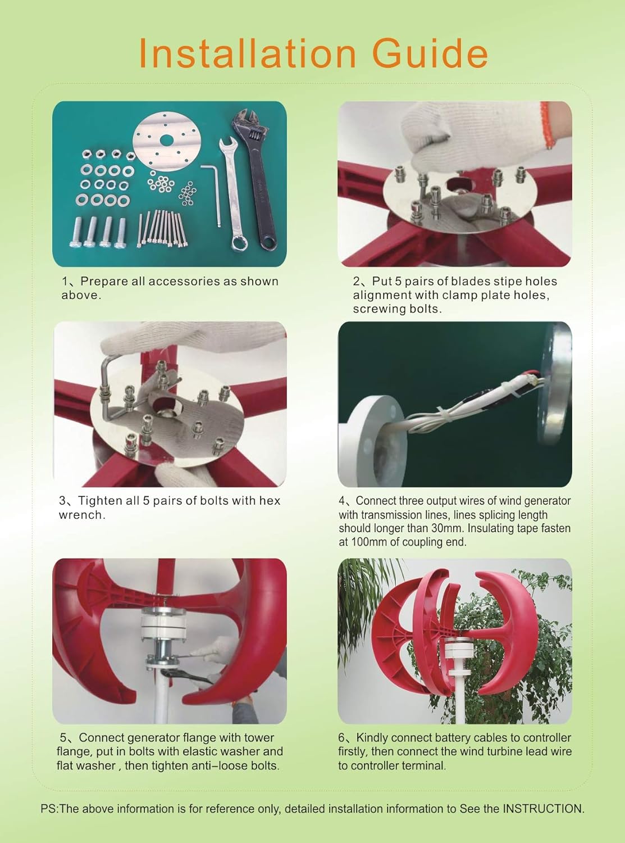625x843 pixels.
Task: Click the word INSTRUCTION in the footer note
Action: click(542, 809)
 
